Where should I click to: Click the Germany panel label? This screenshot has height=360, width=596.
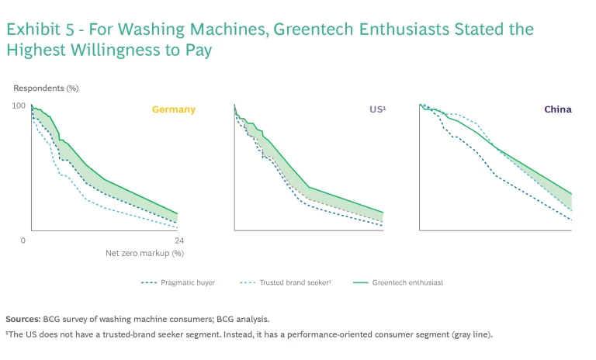click(x=173, y=109)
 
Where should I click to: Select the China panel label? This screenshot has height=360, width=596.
click(x=557, y=109)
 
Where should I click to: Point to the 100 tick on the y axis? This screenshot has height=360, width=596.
click(x=19, y=106)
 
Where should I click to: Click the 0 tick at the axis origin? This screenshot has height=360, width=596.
click(x=23, y=241)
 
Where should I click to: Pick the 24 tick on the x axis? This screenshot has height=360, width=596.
click(x=178, y=241)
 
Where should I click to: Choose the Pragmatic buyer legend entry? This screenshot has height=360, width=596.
click(x=189, y=282)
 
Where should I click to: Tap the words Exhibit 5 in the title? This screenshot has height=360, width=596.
click(x=35, y=29)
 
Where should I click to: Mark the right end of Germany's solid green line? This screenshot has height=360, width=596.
click(x=178, y=213)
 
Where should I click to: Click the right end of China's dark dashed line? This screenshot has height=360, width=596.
click(x=572, y=220)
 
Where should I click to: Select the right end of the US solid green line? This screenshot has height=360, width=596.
click(x=383, y=213)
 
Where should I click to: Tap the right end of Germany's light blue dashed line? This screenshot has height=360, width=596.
click(x=178, y=227)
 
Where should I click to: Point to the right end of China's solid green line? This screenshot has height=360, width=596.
click(x=572, y=194)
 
